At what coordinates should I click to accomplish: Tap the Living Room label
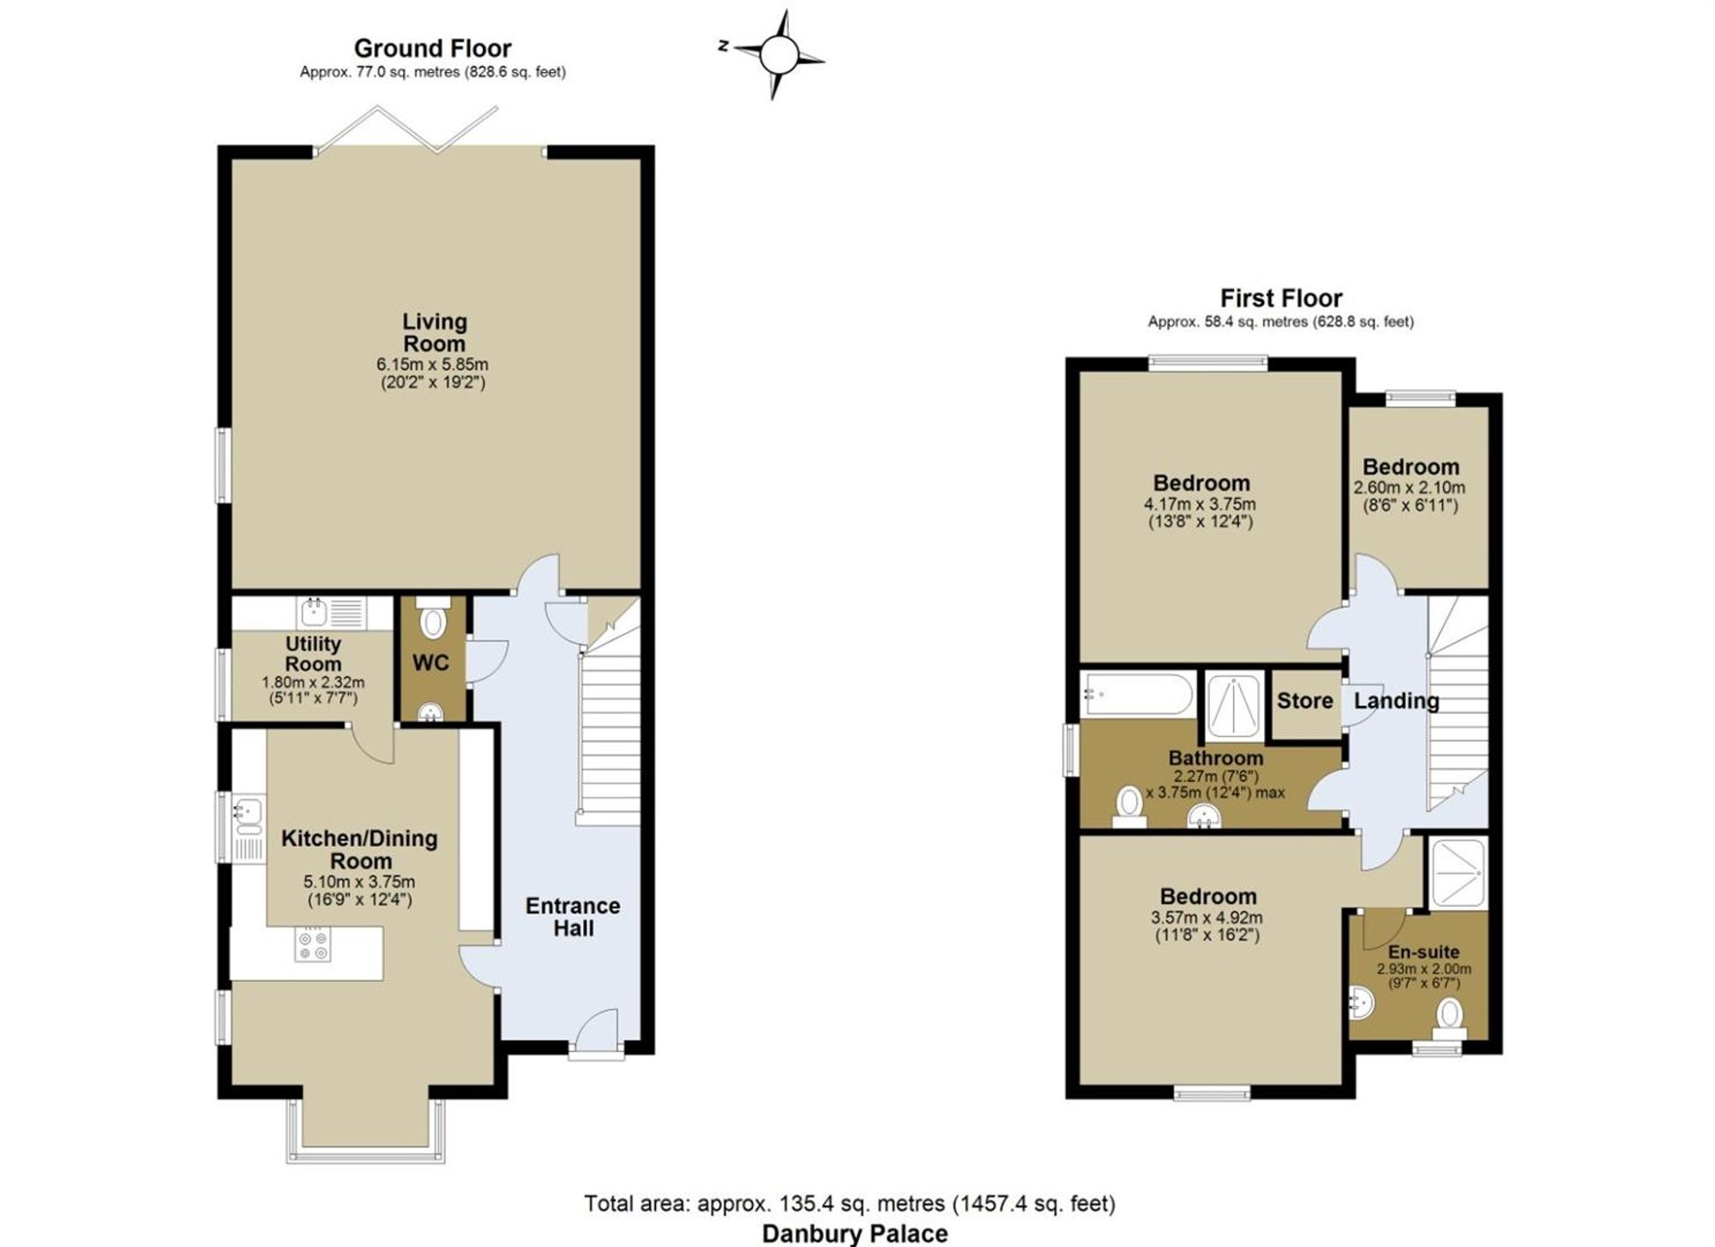click(x=435, y=333)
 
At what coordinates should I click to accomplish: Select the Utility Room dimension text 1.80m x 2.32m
click(x=313, y=683)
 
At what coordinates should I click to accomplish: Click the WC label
click(x=430, y=663)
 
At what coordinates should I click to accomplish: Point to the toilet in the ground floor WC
click(x=432, y=618)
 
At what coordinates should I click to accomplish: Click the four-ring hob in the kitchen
click(x=312, y=944)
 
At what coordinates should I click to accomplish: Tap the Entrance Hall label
click(x=573, y=917)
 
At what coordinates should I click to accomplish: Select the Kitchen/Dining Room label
click(x=359, y=849)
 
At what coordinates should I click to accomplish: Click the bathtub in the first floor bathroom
click(x=1137, y=694)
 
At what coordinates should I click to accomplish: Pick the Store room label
click(x=1304, y=701)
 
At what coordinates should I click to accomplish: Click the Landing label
click(x=1396, y=701)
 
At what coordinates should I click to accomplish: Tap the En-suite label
click(x=1423, y=951)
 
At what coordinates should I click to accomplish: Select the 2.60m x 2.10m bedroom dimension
click(x=1410, y=488)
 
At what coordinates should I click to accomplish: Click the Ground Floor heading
click(x=432, y=48)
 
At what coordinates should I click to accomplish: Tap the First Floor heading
click(x=1281, y=298)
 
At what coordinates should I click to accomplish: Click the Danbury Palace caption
click(x=855, y=1233)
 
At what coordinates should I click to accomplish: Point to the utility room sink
click(x=314, y=611)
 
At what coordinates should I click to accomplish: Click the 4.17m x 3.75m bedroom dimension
click(x=1200, y=504)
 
